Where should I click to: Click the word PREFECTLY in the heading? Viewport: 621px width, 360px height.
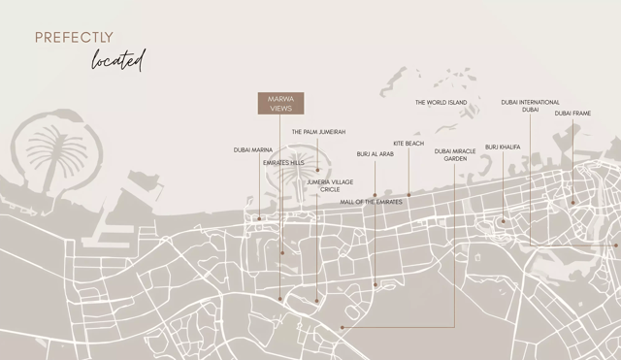[x=74, y=38]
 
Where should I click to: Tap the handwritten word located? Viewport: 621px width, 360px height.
[x=117, y=60]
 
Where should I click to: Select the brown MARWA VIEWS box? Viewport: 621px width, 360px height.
[x=280, y=104]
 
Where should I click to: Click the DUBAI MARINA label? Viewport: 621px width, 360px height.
[x=253, y=149]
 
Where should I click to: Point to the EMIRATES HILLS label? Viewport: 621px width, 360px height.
[x=283, y=163]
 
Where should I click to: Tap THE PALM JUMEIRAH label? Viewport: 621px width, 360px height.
[x=318, y=132]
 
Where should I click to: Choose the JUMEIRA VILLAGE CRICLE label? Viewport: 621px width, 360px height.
[x=329, y=185]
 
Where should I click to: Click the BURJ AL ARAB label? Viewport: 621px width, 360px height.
[x=375, y=154]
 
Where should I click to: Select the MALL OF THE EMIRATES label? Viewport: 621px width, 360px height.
[x=370, y=201]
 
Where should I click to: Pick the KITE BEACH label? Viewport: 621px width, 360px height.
[x=409, y=144]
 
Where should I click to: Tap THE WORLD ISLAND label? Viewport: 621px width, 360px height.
[x=441, y=103]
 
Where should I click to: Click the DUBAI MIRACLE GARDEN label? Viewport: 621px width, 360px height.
[x=455, y=154]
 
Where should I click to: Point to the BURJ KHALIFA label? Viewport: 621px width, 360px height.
[x=503, y=147]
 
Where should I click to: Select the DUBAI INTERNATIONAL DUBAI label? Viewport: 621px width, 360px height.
[x=530, y=106]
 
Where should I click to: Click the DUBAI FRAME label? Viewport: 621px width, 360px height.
[x=572, y=114]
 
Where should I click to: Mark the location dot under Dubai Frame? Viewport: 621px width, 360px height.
[x=572, y=203]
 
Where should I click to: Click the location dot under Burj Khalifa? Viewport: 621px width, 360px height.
[x=503, y=222]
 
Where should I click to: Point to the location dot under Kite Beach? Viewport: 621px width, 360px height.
[x=409, y=195]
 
